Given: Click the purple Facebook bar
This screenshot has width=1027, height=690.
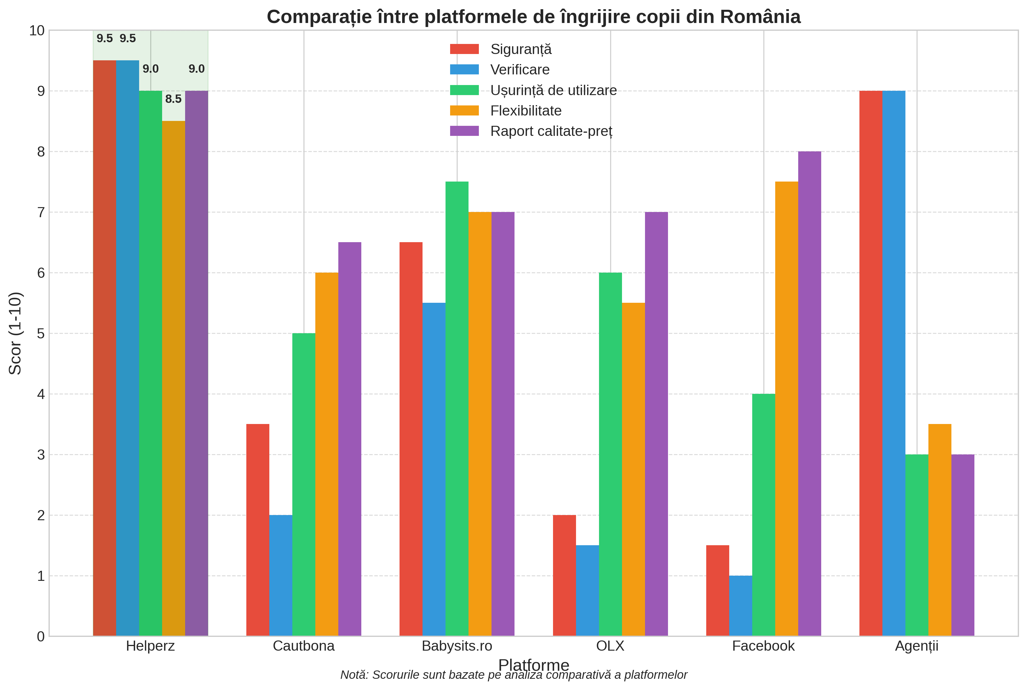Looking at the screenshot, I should pos(809,394).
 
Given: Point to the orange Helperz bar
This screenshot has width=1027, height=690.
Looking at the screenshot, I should pos(173,378).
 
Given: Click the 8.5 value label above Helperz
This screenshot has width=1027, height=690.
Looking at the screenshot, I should pos(173,99).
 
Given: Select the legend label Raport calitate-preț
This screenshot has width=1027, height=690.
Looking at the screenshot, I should pos(551,131).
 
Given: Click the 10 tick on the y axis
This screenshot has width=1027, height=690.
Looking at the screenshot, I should pos(37,30).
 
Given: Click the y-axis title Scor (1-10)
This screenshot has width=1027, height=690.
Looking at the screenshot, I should pos(16,333).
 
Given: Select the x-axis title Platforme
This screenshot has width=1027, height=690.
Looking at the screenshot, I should pos(533,664).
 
